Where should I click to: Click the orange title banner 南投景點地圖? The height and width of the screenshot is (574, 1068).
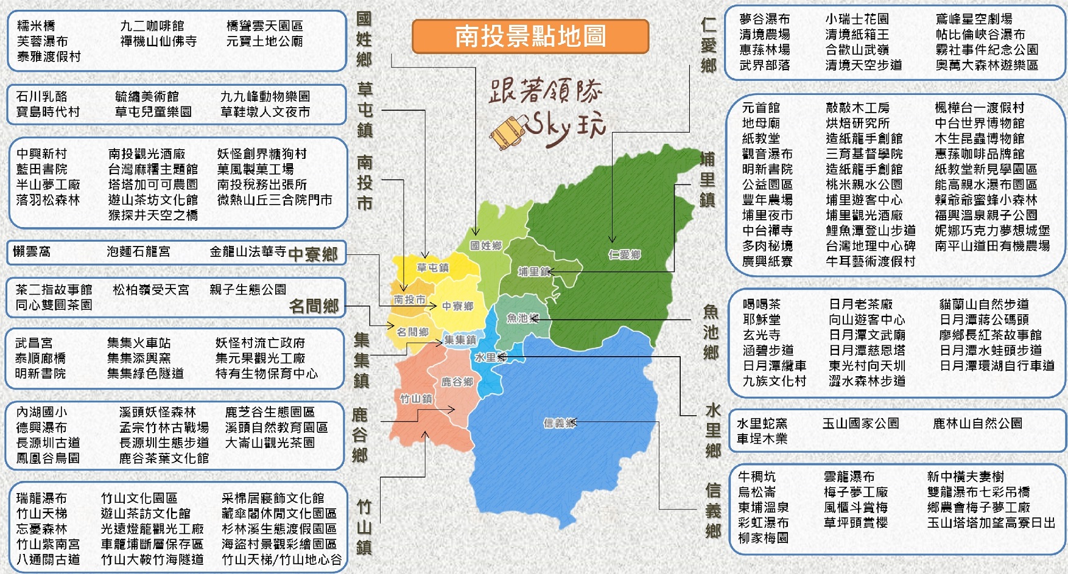[x=530, y=36]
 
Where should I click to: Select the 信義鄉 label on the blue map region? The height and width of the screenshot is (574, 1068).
[x=559, y=423]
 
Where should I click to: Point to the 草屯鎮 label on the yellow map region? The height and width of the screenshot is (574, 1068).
[x=432, y=268]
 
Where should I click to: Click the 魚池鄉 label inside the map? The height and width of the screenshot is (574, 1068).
[x=522, y=318]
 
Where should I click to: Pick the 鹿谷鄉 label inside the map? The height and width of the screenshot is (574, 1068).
[x=457, y=382]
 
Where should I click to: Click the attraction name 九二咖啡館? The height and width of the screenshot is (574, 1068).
[x=152, y=26]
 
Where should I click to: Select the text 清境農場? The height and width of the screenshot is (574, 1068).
[x=765, y=35]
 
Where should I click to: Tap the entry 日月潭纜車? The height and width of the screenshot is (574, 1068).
[x=775, y=366]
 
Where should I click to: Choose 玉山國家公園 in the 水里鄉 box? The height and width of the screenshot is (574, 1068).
[x=860, y=423]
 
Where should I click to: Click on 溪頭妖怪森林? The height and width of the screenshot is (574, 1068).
[x=158, y=412]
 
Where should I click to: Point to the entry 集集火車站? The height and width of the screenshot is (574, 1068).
[x=139, y=343]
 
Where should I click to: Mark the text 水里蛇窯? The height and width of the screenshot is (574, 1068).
[x=762, y=423]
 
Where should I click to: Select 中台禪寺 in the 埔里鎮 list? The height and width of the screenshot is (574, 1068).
[x=767, y=231]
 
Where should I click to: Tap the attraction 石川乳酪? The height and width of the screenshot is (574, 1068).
[x=42, y=96]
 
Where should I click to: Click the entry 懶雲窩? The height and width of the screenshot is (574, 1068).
[x=32, y=251]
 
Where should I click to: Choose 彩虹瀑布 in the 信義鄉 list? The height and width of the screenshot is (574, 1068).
[x=763, y=523]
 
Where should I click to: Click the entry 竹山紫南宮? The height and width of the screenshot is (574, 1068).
[x=48, y=544]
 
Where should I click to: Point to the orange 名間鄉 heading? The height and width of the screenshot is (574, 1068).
[x=314, y=306]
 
